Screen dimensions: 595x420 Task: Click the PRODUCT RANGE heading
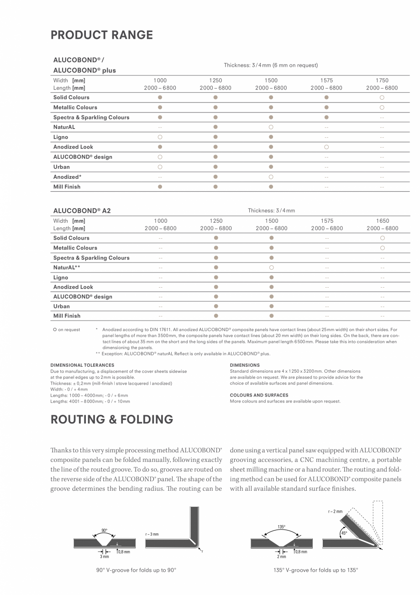click(x=101, y=35)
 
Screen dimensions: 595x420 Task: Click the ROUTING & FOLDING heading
click(x=111, y=419)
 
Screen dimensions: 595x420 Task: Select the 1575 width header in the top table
click(x=326, y=80)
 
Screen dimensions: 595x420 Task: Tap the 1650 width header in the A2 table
click(x=382, y=220)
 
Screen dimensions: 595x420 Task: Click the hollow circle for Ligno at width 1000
click(x=160, y=137)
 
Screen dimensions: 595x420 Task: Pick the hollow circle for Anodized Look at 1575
click(x=326, y=147)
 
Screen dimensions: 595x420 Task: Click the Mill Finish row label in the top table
click(x=67, y=187)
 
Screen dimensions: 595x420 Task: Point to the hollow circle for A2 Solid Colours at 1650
click(x=382, y=238)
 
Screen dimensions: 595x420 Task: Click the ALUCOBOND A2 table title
click(x=82, y=211)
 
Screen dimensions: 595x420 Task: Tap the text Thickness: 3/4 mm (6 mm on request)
click(x=271, y=65)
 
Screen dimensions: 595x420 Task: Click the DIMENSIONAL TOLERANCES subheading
click(x=82, y=365)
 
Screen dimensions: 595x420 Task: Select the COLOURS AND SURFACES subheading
click(x=259, y=395)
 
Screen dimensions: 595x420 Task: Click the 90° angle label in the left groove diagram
click(x=105, y=530)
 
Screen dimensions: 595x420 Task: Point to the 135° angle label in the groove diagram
click(x=281, y=527)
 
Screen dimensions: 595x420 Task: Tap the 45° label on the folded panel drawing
click(x=344, y=533)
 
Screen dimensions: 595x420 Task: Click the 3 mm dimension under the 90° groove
click(x=104, y=557)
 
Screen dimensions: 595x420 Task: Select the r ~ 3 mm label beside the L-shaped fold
click(x=152, y=534)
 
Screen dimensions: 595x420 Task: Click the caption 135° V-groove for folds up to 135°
click(x=316, y=570)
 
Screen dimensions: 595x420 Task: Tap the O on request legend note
click(x=66, y=329)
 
